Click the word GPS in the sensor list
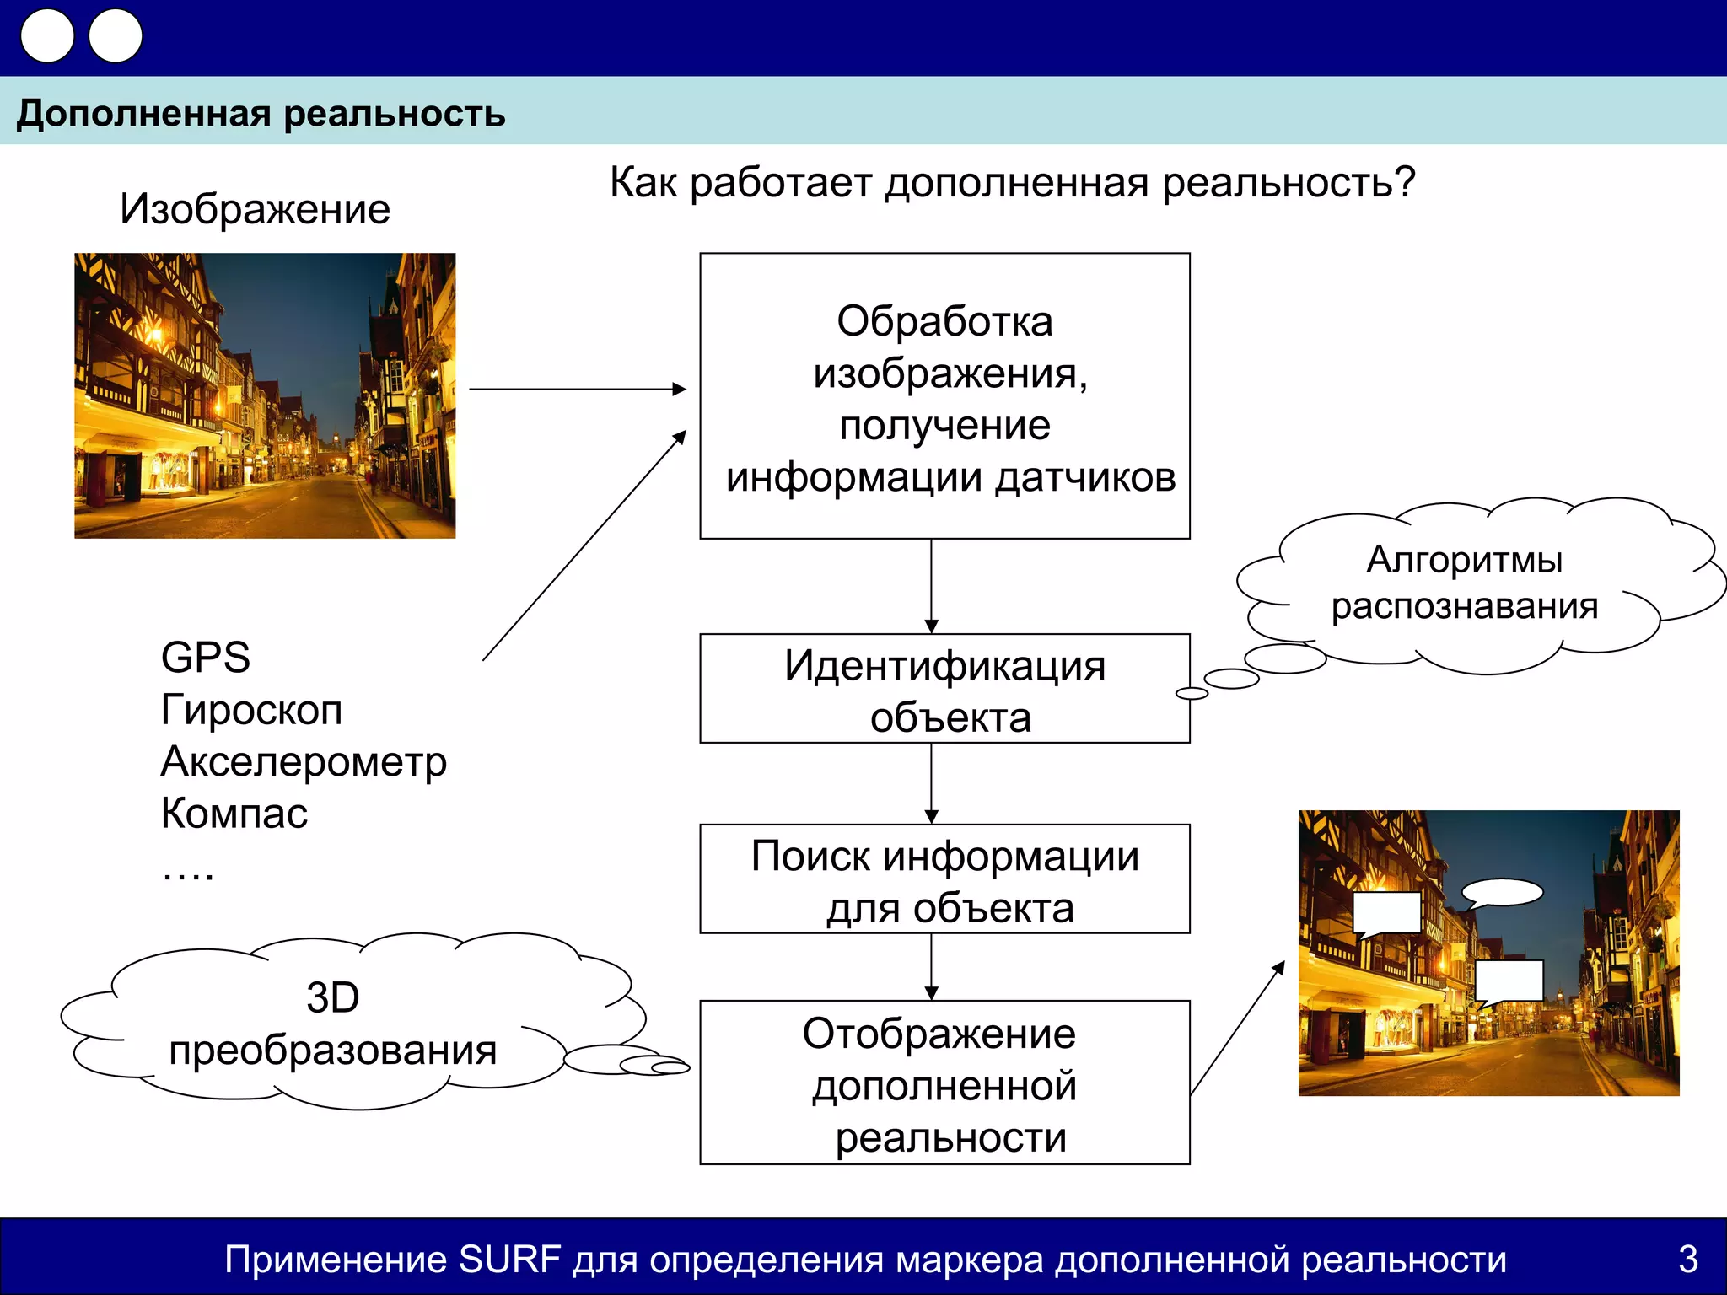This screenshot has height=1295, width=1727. click(205, 658)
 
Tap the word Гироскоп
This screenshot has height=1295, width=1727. click(251, 710)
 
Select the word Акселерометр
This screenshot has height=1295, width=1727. click(303, 762)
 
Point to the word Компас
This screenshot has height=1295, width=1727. click(234, 814)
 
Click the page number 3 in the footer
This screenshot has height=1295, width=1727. click(1687, 1259)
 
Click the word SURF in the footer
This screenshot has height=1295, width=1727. click(509, 1260)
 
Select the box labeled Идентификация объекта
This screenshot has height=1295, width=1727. click(944, 688)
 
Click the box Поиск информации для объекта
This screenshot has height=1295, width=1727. click(944, 879)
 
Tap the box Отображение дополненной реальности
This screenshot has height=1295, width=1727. click(944, 1083)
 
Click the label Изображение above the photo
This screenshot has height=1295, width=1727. click(255, 209)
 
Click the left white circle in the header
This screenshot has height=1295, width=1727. click(47, 36)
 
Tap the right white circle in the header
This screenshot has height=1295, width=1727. click(116, 36)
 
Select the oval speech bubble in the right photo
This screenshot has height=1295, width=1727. click(1502, 892)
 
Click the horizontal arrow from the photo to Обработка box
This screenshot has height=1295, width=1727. click(578, 389)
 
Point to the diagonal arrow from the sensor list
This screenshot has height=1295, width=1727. click(584, 545)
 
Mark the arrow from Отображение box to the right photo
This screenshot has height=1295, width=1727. click(1237, 1028)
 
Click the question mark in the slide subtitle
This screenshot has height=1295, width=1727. click(1404, 182)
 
